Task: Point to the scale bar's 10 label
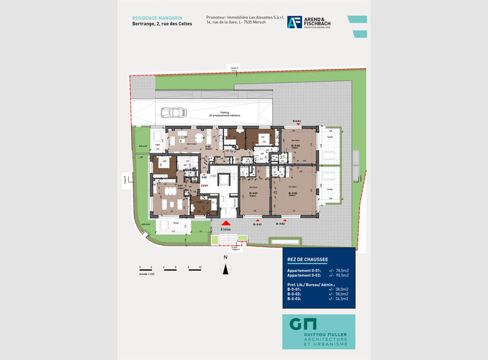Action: pyautogui.click(x=200, y=266)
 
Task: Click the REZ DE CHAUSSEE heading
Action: pyautogui.click(x=308, y=259)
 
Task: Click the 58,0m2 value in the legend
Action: pyautogui.click(x=339, y=294)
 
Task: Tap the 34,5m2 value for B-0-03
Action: pyautogui.click(x=339, y=299)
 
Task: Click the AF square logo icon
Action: pyautogui.click(x=294, y=23)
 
